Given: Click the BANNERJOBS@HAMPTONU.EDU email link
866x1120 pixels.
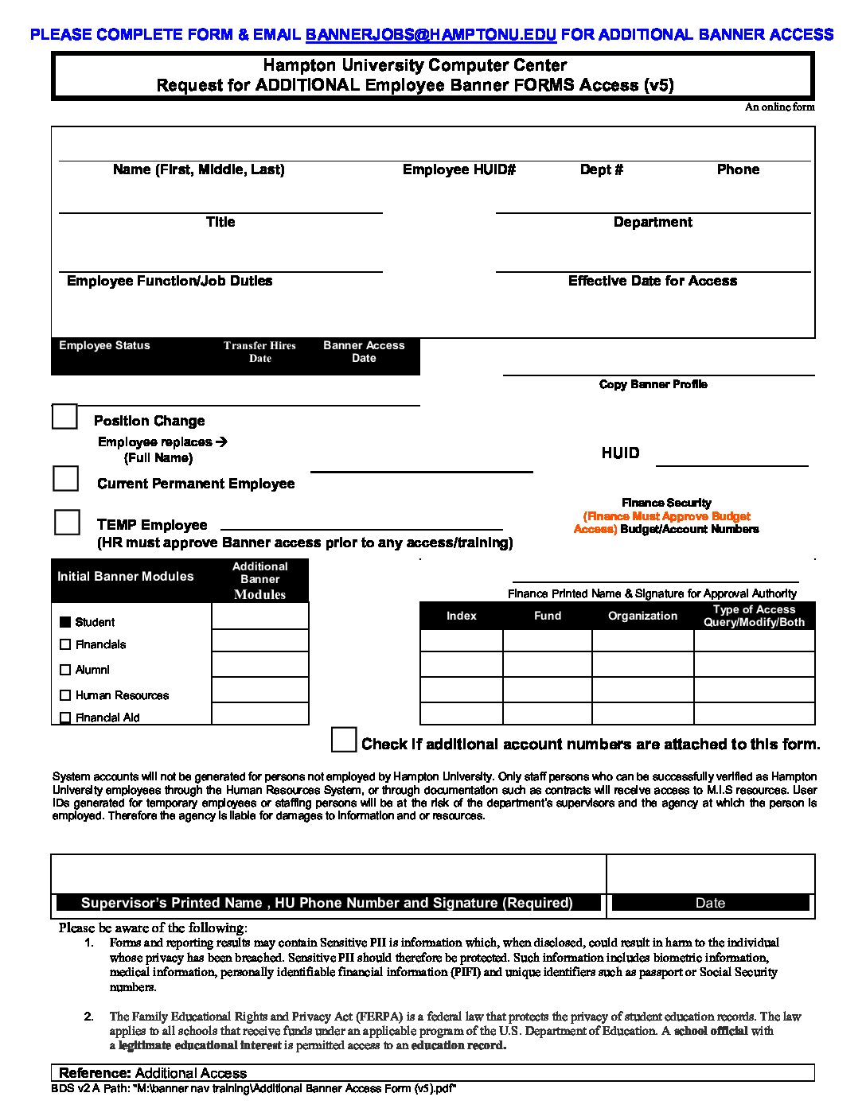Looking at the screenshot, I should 431,34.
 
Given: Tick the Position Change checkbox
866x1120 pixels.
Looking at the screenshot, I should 64,417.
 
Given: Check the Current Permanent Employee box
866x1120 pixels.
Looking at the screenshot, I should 65,479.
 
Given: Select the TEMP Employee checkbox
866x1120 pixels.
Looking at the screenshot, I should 67,523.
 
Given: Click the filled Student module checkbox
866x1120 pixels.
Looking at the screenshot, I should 65,622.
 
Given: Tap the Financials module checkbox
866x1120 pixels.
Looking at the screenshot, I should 65,644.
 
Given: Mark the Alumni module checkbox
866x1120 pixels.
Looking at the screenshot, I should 65,670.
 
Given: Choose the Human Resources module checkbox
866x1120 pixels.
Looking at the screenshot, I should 65,695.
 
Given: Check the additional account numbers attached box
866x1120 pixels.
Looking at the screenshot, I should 344,740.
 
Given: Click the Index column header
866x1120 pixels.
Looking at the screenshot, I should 462,616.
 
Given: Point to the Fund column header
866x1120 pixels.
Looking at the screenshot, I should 548,616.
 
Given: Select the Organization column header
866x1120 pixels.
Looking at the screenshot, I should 643,616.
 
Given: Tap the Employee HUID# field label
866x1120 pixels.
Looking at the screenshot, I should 459,169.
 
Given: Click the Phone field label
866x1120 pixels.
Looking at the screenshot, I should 738,169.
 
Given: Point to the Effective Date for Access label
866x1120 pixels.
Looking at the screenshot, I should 653,281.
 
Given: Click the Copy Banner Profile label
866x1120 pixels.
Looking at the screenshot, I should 653,384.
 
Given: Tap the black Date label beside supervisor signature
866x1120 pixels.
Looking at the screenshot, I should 710,903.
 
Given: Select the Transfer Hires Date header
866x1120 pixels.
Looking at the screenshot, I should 259,352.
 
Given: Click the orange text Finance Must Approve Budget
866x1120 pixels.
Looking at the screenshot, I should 667,516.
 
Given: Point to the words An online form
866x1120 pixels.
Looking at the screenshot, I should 779,107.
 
